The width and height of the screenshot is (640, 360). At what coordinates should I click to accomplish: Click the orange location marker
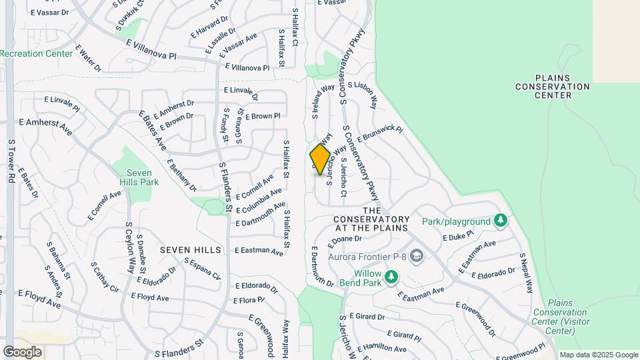[x=320, y=159]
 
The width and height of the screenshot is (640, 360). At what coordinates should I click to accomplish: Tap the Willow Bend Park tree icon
[x=391, y=276]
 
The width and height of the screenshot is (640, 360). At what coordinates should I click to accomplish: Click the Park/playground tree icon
[x=500, y=221]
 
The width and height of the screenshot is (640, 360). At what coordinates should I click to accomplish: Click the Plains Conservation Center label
[x=553, y=87]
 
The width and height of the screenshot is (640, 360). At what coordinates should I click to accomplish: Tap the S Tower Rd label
[x=11, y=161]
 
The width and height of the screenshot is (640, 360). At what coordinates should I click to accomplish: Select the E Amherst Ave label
[x=45, y=124]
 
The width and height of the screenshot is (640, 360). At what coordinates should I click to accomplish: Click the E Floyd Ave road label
[x=39, y=299]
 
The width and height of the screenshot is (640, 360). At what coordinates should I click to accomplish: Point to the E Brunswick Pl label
[x=381, y=134]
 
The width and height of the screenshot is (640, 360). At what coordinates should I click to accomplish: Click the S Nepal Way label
[x=527, y=273]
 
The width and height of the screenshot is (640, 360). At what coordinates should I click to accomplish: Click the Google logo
[x=22, y=352]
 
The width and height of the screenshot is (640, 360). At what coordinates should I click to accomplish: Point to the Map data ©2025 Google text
[x=599, y=355]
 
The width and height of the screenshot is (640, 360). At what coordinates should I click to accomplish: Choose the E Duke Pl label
[x=457, y=235]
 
